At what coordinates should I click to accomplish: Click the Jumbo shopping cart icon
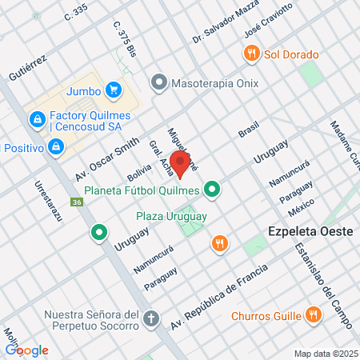pos(114,90)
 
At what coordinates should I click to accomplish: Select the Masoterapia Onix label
pos(204,82)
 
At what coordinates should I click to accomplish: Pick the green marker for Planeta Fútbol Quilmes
pos(212,190)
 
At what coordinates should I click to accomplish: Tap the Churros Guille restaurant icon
pos(314,315)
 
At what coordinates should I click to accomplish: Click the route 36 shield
pos(76,203)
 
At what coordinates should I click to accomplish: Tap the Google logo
pos(27,350)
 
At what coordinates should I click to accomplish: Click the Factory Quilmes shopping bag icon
pos(36,120)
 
